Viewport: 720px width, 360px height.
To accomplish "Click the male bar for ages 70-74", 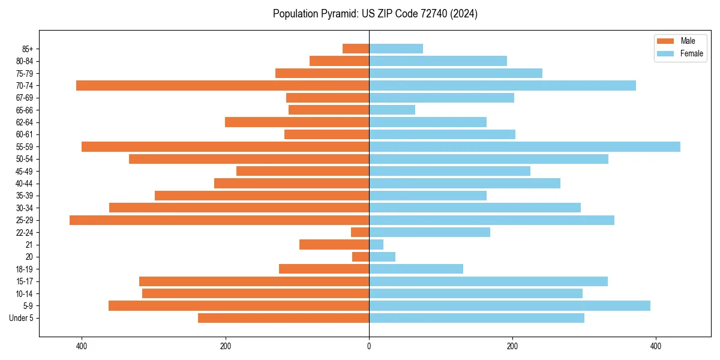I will [x=223, y=86].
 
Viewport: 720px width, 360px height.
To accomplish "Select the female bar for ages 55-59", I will [x=524, y=147].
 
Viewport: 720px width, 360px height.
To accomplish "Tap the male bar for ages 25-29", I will [x=219, y=220].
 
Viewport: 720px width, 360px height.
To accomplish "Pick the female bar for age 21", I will [x=376, y=245].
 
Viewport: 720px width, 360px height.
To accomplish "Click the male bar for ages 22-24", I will [x=360, y=232].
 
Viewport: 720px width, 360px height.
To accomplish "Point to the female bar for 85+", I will [x=396, y=49].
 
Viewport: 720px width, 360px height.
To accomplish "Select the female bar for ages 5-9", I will [x=509, y=306].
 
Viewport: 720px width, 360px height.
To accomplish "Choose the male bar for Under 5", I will [x=283, y=318].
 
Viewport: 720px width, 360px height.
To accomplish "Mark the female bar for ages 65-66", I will [x=392, y=110].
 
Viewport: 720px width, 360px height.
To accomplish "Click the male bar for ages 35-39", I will [x=262, y=196].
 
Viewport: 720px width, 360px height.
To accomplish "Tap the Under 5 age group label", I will [x=21, y=318].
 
